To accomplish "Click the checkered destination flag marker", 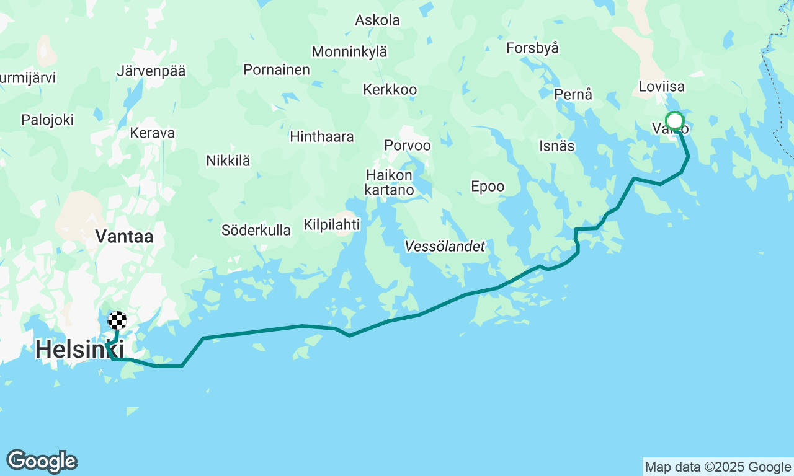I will pos(117,320).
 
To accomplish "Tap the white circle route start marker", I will pos(674,120).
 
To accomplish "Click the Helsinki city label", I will pos(79,350).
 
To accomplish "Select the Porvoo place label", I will pos(408,145).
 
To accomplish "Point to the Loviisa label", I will pos(661,86).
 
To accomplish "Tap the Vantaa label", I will pos(124,236).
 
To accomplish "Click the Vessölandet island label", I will pos(445,247).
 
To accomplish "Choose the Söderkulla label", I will pos(256,230).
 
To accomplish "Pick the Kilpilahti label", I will pos(332,224).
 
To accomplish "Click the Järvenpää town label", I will pos(151,71).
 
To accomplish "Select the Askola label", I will pos(377,20).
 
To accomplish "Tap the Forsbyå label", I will pos(533,48).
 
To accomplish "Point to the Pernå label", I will pos(574,95).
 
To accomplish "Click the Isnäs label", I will pos(557,146).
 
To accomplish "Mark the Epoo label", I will pos(488,187).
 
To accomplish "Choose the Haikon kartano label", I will pos(390,182).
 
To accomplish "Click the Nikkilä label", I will pos(228,161).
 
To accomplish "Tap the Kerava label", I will pos(153,133).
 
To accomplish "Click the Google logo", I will pos(42,462).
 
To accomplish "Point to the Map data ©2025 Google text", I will pos(718,467).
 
